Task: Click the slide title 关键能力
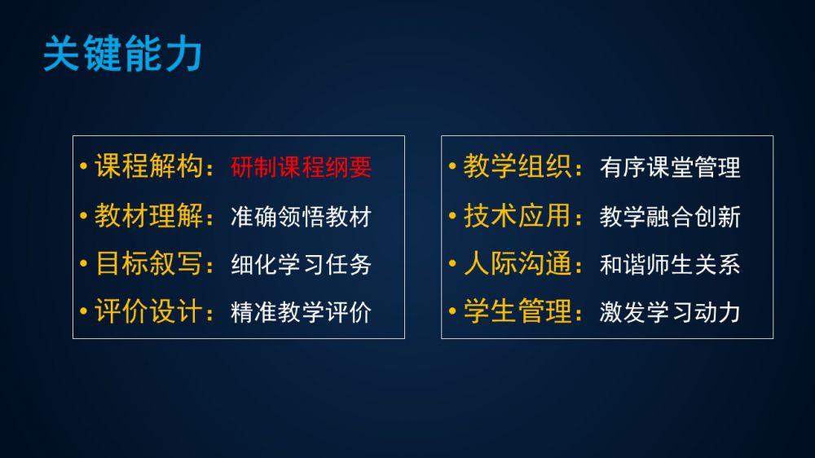pos(123,54)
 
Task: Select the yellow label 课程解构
pos(148,166)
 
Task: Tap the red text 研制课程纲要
pos(301,167)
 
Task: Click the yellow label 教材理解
pos(148,215)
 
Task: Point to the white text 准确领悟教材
pos(301,217)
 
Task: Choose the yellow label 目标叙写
pos(148,263)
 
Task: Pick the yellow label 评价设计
pos(148,310)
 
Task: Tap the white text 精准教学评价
pos(301,312)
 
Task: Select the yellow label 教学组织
pos(518,166)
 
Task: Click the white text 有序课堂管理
pos(670,167)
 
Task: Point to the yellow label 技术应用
pos(518,215)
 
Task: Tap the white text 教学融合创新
pos(670,217)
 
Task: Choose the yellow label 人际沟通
pos(518,263)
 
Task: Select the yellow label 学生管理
pos(518,310)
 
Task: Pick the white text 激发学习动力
pos(670,312)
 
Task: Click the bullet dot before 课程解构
pos(84,166)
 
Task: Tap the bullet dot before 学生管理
pos(452,310)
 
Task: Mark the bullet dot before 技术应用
pos(452,215)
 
